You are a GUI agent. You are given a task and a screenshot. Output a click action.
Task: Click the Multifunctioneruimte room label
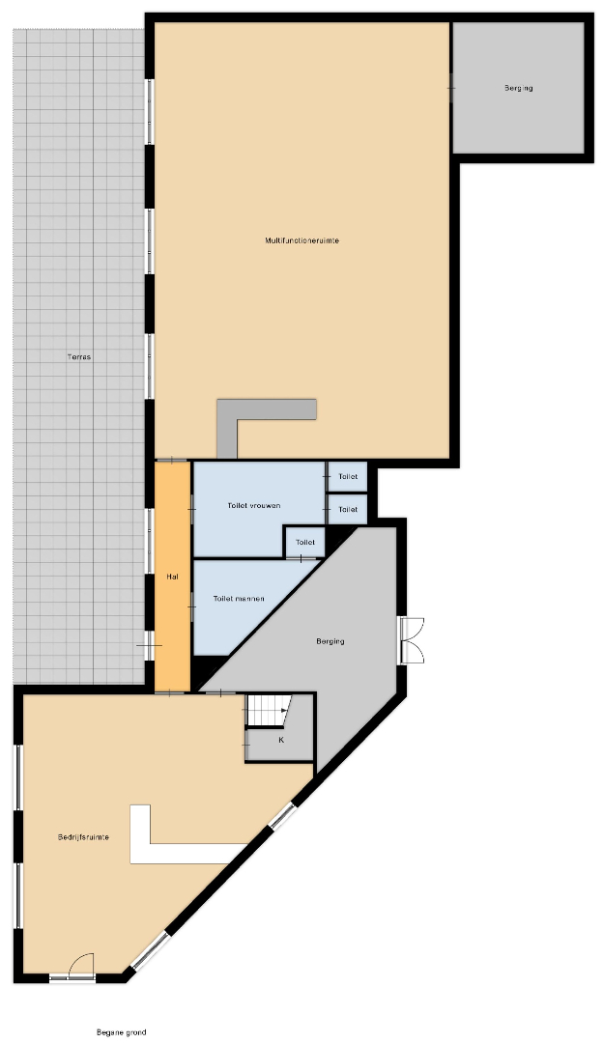coord(301,240)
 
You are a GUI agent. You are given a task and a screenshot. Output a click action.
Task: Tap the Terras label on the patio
coord(79,357)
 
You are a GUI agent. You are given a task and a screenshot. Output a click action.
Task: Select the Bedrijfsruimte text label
coord(83,837)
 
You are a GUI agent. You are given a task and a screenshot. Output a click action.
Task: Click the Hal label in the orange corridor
coord(172,577)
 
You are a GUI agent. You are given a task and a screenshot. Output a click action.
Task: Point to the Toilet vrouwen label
coord(253,505)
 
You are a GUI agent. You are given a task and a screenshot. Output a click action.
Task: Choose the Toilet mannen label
coord(239,599)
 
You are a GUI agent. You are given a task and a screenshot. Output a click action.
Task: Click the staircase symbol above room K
coord(269,711)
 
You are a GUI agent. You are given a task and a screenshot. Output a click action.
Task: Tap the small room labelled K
coord(281,740)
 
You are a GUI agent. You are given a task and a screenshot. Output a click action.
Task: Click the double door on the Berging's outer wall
coord(412,640)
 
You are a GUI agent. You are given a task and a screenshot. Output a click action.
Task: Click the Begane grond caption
coord(121,1032)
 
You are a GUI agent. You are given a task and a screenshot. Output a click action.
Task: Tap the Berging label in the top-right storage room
coord(519,88)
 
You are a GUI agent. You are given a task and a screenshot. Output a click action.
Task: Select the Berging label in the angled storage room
coord(330,642)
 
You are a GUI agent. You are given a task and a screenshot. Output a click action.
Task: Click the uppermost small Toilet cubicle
coord(348,476)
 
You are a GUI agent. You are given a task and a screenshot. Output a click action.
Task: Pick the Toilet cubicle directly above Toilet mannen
coord(304,542)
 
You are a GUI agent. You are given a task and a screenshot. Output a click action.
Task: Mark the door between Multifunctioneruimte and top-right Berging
coord(452,87)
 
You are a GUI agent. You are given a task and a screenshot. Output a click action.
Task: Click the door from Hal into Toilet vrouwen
coord(191,510)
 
